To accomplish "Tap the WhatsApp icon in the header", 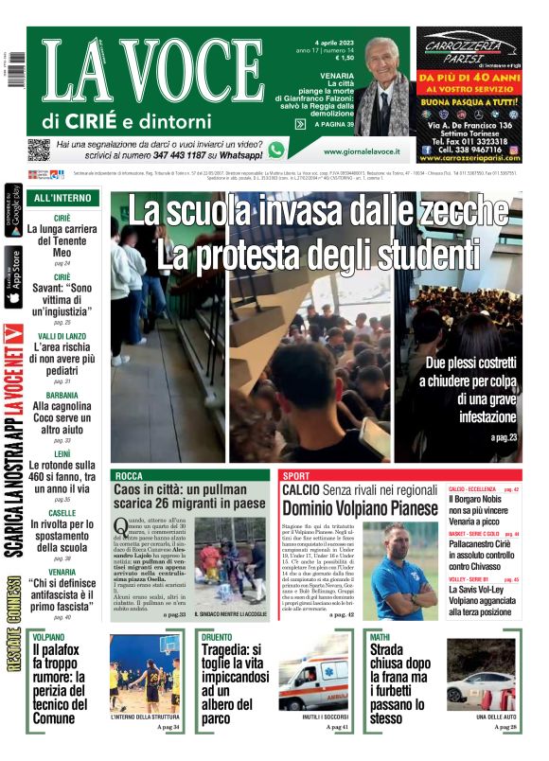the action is (276, 150).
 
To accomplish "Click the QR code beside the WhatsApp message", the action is (38, 150).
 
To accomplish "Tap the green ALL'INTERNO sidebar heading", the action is (62, 198).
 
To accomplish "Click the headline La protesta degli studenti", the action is (321, 253).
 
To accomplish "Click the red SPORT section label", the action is (296, 474).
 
